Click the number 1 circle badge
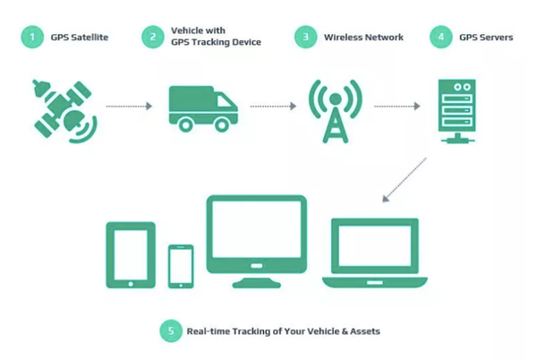click(32, 37)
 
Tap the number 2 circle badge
click(153, 37)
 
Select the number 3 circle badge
click(307, 37)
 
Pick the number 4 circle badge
click(440, 37)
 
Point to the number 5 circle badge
click(170, 331)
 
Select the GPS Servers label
click(485, 37)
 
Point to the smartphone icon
click(181, 265)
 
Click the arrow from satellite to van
click(131, 107)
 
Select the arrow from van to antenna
click(273, 107)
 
